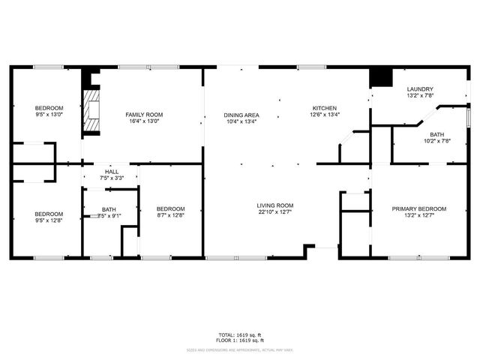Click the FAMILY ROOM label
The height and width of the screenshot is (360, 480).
[144, 114]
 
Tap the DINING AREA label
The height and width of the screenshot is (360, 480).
[241, 115]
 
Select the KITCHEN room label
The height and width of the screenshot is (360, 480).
[325, 108]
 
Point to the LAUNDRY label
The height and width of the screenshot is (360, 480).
[420, 88]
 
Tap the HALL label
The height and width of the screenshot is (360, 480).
[112, 172]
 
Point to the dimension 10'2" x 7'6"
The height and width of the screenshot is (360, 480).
[436, 140]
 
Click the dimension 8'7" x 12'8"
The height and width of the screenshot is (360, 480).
[170, 215]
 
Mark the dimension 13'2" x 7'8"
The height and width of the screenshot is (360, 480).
[420, 96]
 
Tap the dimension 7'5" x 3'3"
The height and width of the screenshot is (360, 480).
[112, 178]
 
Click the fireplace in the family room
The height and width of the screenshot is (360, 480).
[91, 112]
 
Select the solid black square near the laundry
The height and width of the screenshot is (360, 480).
[382, 77]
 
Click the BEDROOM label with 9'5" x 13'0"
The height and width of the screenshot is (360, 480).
[49, 108]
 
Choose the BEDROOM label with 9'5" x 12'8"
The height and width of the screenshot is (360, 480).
[49, 213]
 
